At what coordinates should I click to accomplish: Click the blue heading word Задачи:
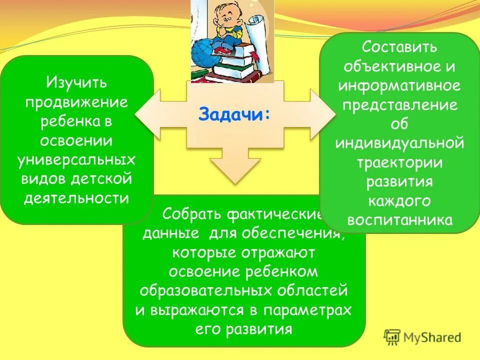click(x=234, y=114)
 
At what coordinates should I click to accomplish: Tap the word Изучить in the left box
click(x=76, y=81)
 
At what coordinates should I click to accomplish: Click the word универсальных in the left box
click(x=76, y=159)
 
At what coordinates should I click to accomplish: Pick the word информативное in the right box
click(x=399, y=85)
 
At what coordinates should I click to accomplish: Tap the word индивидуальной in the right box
click(x=399, y=143)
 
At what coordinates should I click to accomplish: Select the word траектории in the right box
click(x=399, y=162)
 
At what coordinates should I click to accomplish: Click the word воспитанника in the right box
click(x=399, y=220)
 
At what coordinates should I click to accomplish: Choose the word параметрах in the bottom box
click(x=308, y=310)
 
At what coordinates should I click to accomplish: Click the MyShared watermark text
click(x=432, y=337)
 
